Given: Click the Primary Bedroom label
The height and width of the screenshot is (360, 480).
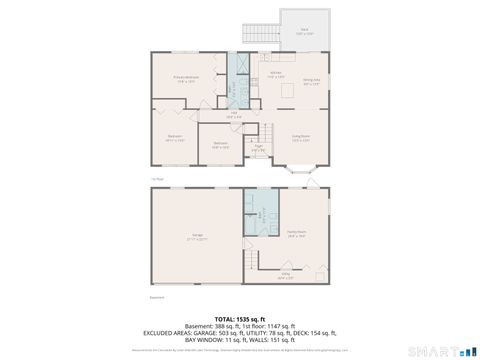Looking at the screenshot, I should pyautogui.click(x=184, y=78).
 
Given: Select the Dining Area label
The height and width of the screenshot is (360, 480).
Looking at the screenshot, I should pyautogui.click(x=311, y=81).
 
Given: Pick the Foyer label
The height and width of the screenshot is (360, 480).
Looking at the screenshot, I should pyautogui.click(x=258, y=148).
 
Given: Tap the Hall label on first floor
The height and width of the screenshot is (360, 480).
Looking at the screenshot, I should pyautogui.click(x=234, y=115).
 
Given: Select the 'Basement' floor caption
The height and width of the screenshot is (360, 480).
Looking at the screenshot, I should pyautogui.click(x=156, y=297).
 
